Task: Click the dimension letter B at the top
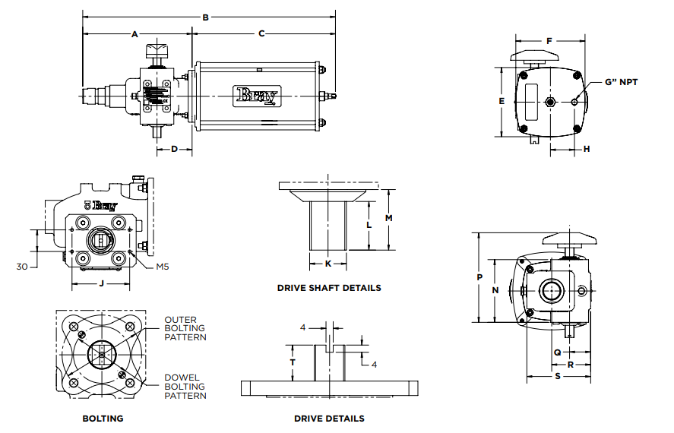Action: click(206, 17)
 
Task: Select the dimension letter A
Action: click(135, 34)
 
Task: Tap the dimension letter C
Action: click(261, 34)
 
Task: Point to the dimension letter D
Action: click(174, 150)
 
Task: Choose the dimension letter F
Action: click(549, 41)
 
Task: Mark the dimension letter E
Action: click(502, 101)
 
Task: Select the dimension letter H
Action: click(587, 150)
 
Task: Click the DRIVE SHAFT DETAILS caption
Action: click(329, 288)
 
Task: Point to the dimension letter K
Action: click(328, 264)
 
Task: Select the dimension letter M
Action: click(388, 219)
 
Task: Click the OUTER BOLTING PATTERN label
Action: click(186, 328)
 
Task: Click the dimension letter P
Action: click(479, 277)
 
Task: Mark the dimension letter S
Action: click(557, 377)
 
